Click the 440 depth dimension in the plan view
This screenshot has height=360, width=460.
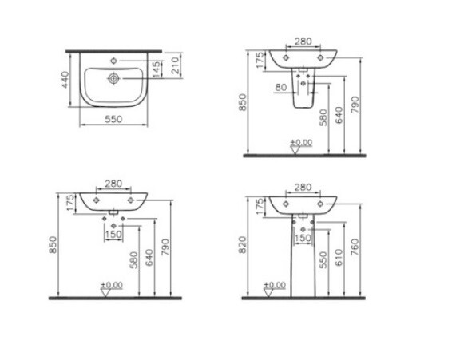[65, 80]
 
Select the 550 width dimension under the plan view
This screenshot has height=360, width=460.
[113, 119]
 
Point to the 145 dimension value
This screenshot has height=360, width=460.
[157, 69]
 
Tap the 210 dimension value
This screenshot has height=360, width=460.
[175, 65]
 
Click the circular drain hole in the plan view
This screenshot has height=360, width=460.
[113, 78]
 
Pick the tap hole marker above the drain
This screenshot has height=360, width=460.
[114, 61]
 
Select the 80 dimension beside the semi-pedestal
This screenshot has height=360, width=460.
[281, 87]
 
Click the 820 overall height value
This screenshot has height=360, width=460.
[243, 245]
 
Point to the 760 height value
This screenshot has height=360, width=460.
[355, 247]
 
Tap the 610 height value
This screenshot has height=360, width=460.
[339, 257]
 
